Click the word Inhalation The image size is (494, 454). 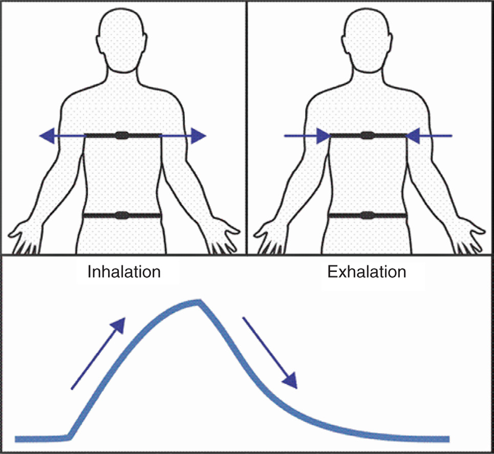pyautogui.click(x=124, y=271)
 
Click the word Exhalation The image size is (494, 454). pyautogui.click(x=367, y=271)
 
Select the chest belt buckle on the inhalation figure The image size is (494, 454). pyautogui.click(x=122, y=135)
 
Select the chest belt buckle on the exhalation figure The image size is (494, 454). pyautogui.click(x=367, y=135)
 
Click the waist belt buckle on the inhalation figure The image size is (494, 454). pyautogui.click(x=122, y=216)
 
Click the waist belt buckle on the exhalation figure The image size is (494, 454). pyautogui.click(x=367, y=216)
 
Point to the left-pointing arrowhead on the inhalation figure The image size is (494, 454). pyautogui.click(x=47, y=135)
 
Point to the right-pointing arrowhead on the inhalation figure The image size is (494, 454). pyautogui.click(x=199, y=135)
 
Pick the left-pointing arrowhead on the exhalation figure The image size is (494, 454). pyautogui.click(x=414, y=135)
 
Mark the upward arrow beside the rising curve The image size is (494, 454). pyautogui.click(x=98, y=353)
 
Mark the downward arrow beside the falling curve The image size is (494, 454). pyautogui.click(x=270, y=353)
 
